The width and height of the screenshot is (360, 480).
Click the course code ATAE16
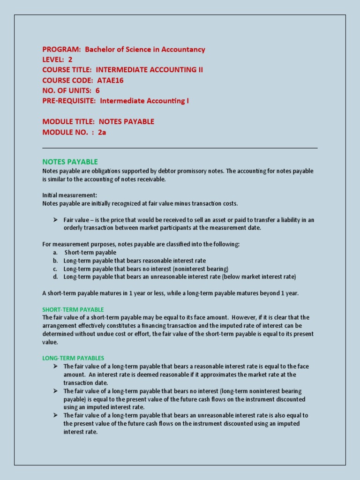110,80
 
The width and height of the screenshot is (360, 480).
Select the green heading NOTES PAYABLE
70,162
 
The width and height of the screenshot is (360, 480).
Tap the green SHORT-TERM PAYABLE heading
73,309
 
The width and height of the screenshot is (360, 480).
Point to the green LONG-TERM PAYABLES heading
73,358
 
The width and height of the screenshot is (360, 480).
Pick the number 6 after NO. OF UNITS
97,90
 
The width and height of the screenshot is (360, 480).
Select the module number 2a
102,132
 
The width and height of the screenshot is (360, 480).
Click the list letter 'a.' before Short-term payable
55,252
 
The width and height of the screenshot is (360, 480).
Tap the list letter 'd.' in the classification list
55,277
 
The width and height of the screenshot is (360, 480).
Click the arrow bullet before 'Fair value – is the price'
55,219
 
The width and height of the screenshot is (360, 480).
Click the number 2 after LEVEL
70,60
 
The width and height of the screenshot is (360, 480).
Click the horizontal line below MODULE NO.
180,148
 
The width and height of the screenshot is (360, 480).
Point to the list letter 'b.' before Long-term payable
55,260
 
